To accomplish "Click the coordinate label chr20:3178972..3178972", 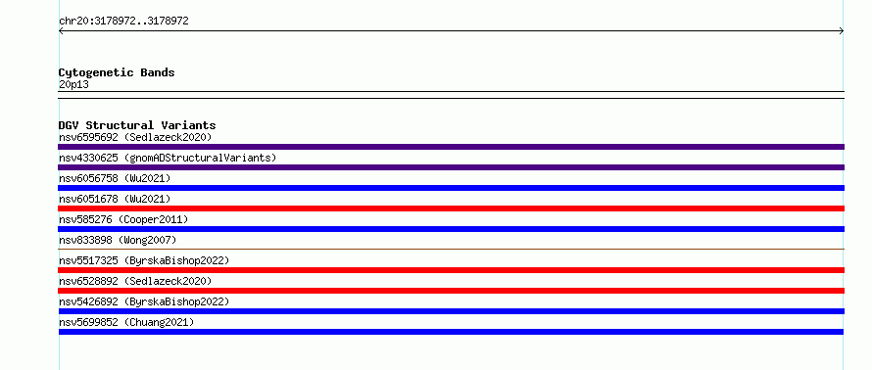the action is (123, 22).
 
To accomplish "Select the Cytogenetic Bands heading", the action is (117, 72).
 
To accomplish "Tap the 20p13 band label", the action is (73, 85).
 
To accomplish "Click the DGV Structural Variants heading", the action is (137, 125).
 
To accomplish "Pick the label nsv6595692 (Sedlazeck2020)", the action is (135, 137).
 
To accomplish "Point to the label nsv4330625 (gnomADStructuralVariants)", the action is (168, 158).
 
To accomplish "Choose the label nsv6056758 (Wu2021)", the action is (115, 178).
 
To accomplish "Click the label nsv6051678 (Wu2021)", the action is (115, 199).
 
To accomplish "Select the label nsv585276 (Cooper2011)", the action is (123, 219).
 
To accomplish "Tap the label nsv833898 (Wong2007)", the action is (118, 240).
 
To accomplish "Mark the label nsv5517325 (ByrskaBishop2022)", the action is (144, 260).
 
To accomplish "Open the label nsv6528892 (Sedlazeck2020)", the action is (135, 281).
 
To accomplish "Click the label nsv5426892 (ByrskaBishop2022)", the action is (144, 301).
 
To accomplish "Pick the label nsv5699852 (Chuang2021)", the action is (126, 322).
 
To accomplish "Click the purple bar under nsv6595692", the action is (451, 147).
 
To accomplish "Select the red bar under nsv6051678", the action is (451, 208).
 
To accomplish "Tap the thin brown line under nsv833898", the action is (451, 249).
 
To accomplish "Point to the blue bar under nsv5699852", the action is (451, 332).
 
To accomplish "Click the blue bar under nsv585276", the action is (451, 229).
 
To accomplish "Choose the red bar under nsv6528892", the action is (451, 291).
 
